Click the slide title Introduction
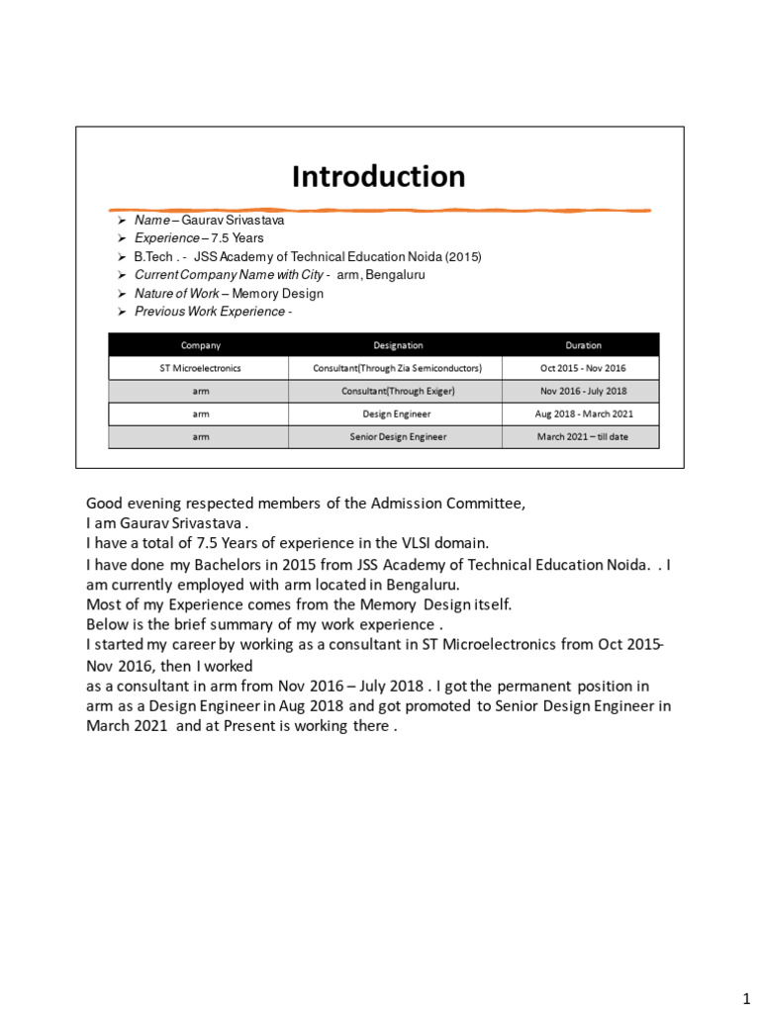point(378,177)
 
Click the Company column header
point(200,345)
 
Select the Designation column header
point(397,345)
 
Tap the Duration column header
point(583,345)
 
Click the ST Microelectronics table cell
point(200,368)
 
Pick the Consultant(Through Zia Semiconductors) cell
point(397,368)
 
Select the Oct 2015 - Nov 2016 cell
point(583,368)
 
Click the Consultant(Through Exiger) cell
point(397,391)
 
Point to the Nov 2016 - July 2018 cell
point(583,391)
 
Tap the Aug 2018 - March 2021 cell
point(583,414)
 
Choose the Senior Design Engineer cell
point(397,436)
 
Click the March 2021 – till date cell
point(583,436)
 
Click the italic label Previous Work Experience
point(209,312)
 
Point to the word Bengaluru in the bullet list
point(395,275)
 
